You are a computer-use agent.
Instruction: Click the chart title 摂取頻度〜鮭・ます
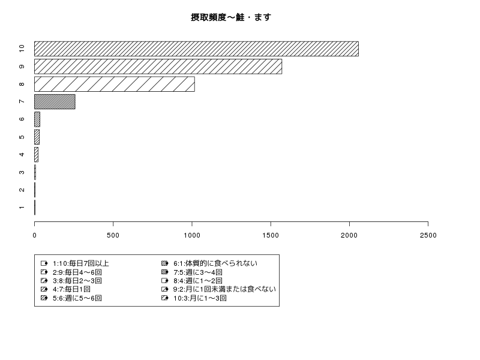(231, 17)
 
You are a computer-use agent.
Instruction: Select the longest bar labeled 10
(196, 49)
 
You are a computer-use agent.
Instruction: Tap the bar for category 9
(158, 67)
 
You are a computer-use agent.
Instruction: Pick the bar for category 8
(115, 84)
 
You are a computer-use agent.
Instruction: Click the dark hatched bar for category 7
(55, 101)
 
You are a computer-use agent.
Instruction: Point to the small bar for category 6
(37, 119)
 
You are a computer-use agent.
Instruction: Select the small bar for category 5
(37, 137)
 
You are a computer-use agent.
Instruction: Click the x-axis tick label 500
(113, 235)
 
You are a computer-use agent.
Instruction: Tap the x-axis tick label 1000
(192, 235)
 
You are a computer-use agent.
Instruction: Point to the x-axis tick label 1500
(271, 235)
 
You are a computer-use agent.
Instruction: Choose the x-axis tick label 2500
(428, 235)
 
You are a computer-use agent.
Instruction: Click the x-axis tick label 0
(35, 235)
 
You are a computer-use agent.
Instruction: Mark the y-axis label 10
(22, 49)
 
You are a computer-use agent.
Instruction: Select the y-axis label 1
(22, 208)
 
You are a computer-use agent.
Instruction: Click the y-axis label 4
(22, 155)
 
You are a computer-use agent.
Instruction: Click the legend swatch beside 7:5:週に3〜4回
(164, 272)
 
